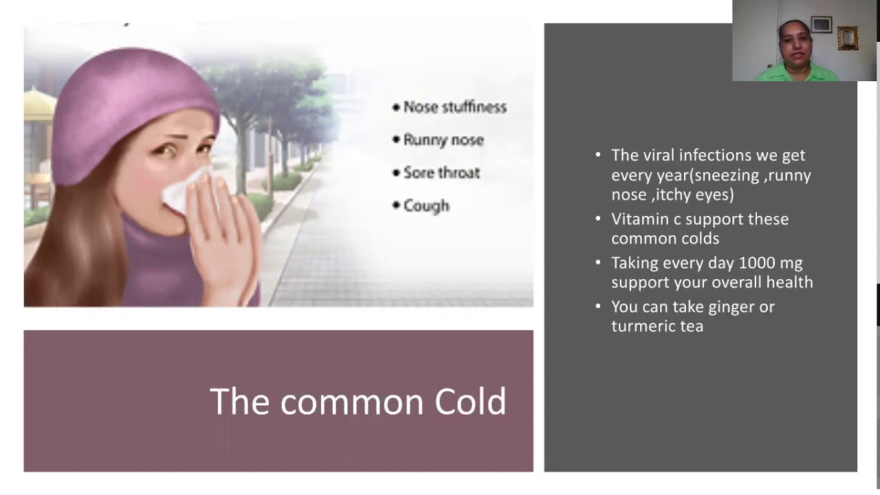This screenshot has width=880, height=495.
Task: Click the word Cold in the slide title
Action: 470,401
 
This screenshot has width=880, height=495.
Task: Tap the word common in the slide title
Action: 351,404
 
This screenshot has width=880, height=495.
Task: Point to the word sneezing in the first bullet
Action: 727,175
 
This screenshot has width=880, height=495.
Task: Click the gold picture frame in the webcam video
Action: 848,38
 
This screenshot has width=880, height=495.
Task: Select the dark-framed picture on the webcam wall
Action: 822,25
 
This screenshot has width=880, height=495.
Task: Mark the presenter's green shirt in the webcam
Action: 797,73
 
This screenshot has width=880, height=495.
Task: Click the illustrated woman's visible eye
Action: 164,151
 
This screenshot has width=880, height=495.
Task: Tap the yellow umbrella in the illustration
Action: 38,104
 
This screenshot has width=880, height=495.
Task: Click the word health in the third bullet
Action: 790,282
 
